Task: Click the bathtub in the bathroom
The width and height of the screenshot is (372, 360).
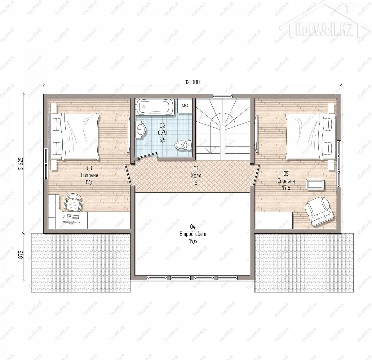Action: (x=155, y=107)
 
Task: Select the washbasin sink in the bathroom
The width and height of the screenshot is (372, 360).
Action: (x=141, y=130)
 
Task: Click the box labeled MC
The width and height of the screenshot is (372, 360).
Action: (x=185, y=106)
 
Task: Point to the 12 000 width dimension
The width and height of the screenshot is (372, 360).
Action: (x=192, y=82)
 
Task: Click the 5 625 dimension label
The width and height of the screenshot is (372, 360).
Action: (x=21, y=164)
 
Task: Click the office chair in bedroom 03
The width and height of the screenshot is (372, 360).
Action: (x=73, y=203)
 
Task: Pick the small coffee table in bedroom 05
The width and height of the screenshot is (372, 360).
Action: (x=315, y=184)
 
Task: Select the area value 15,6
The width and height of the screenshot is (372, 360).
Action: (x=193, y=241)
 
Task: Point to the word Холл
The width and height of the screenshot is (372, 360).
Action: (x=196, y=176)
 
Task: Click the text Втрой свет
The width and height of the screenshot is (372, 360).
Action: (x=193, y=234)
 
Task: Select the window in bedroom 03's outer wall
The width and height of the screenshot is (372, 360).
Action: (x=46, y=164)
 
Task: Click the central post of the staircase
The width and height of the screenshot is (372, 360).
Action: (x=223, y=142)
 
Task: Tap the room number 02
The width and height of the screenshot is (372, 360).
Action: (x=162, y=126)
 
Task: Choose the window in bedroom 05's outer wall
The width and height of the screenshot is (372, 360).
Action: (x=339, y=164)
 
